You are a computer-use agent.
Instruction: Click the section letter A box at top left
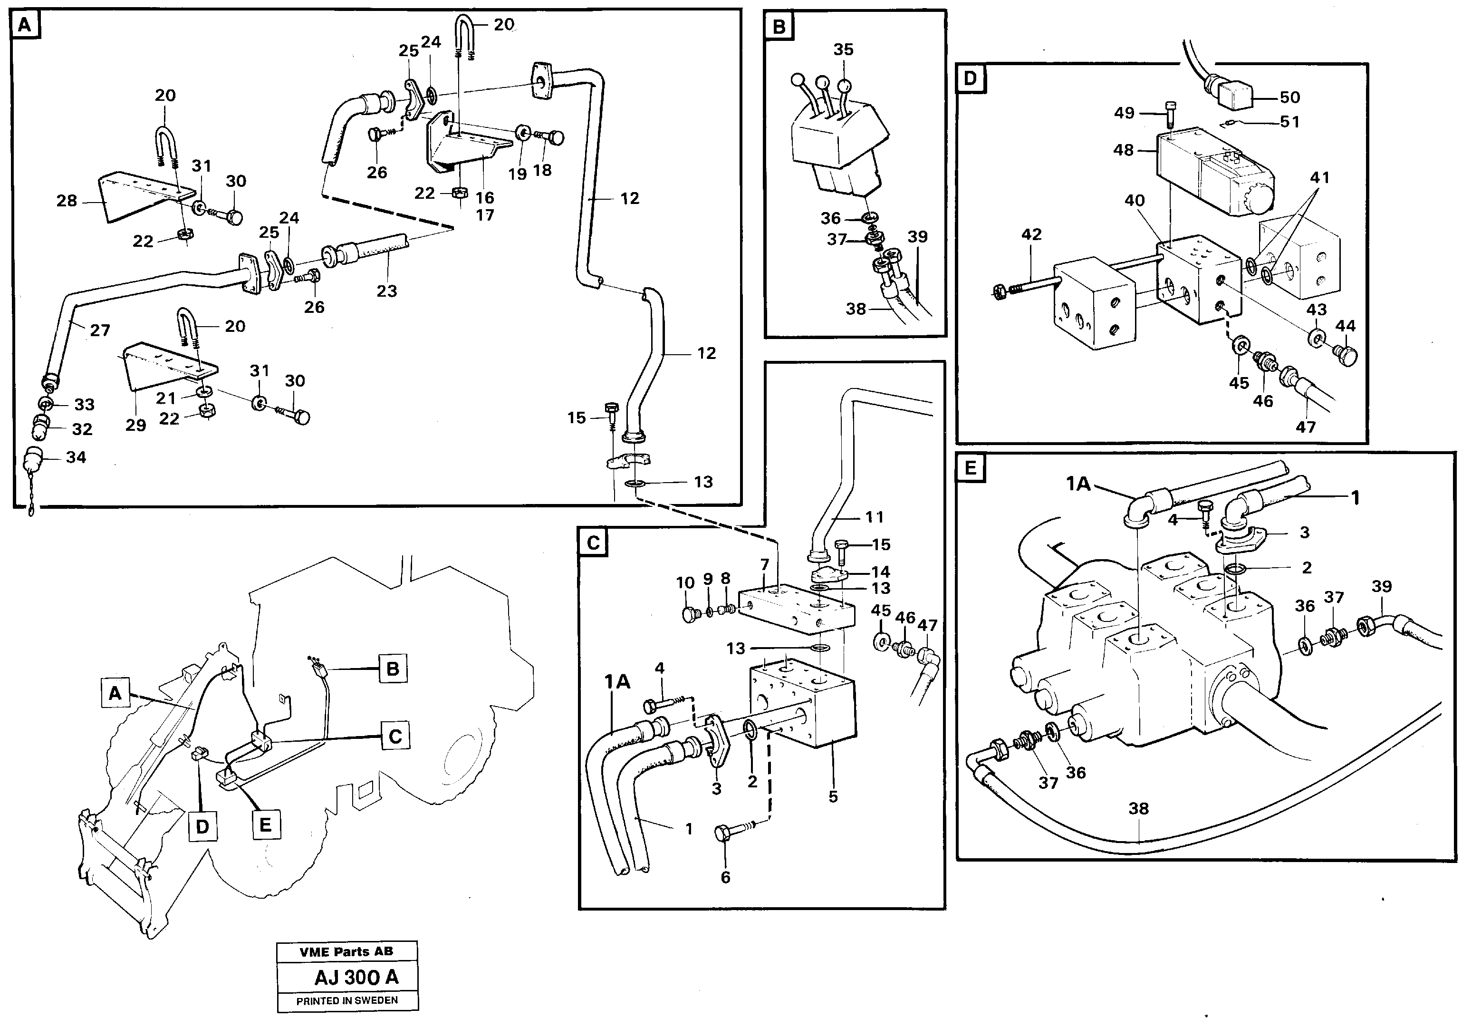tap(25, 26)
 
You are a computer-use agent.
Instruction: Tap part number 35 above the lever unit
tap(843, 50)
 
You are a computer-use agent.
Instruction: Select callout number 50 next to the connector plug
tap(1289, 97)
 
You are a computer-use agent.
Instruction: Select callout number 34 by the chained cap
tap(76, 457)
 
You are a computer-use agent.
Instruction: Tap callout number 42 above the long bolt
tap(1031, 234)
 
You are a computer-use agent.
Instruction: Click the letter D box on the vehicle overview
tap(202, 827)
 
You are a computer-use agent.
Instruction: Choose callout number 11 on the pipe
tap(874, 517)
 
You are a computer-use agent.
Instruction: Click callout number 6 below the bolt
tap(725, 877)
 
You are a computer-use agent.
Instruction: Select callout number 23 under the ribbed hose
tap(386, 291)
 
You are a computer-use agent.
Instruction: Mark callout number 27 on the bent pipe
tap(99, 330)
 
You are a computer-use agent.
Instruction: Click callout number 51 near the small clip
tap(1289, 122)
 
